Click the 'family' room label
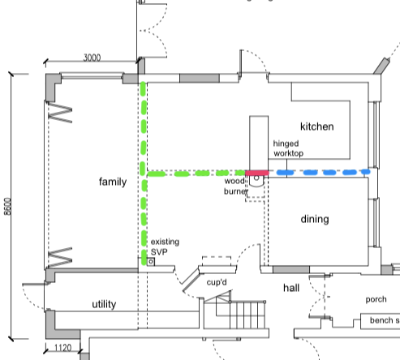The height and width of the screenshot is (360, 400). [x=113, y=182]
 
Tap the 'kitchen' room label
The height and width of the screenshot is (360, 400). [x=317, y=126]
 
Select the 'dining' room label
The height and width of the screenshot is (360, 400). [x=315, y=219]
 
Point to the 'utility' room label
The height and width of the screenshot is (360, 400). [x=104, y=304]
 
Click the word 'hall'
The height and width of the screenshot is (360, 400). [x=291, y=288]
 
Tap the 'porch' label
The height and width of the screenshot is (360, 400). [x=376, y=299]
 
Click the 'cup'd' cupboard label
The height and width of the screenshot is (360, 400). [x=217, y=282]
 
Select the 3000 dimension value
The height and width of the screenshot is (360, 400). [x=92, y=58]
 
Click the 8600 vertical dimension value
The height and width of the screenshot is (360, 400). [x=8, y=207]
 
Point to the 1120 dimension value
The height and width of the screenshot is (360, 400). [x=63, y=348]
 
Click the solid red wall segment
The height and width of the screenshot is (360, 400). [x=257, y=173]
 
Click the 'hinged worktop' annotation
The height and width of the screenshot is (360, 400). [x=288, y=148]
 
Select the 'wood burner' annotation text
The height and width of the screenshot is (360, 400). [x=235, y=186]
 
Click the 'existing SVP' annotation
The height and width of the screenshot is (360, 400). [x=165, y=246]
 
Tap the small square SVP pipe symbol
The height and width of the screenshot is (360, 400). [x=151, y=262]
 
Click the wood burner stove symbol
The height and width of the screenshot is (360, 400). [x=256, y=181]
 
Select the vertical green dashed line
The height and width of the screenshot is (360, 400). [x=144, y=173]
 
